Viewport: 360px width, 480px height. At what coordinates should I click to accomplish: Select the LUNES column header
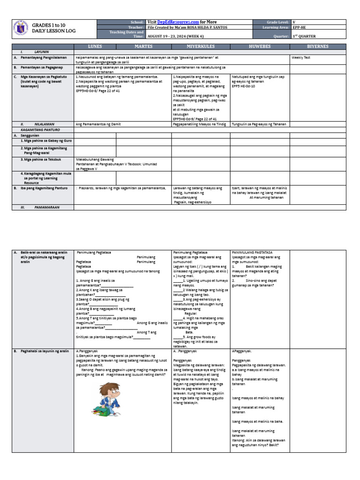(x=95, y=47)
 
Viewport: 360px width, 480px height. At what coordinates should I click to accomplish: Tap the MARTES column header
(x=144, y=47)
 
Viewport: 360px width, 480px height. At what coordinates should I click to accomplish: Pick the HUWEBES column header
(x=260, y=47)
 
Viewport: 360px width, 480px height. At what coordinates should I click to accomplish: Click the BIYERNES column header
(x=318, y=47)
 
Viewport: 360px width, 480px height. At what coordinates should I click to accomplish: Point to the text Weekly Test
(x=301, y=57)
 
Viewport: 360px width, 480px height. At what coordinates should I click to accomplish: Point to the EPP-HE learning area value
(x=300, y=27)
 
